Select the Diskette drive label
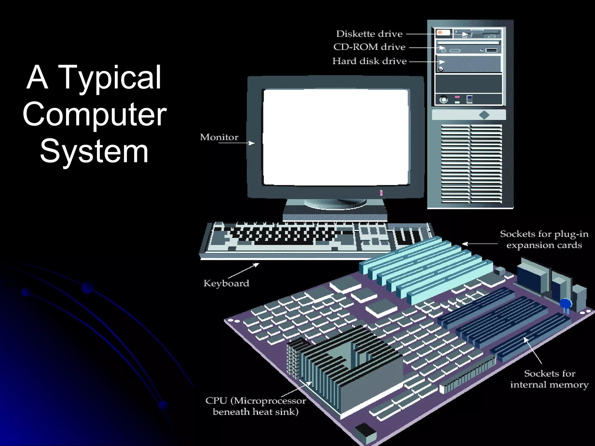pyautogui.click(x=369, y=34)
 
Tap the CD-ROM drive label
pyautogui.click(x=369, y=47)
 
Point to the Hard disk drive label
pyautogui.click(x=369, y=61)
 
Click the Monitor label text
pyautogui.click(x=219, y=137)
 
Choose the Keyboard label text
pyautogui.click(x=226, y=283)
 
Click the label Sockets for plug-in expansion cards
pyautogui.click(x=544, y=239)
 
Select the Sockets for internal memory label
pyautogui.click(x=549, y=379)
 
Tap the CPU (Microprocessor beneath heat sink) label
pyautogui.click(x=256, y=406)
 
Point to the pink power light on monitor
pyautogui.click(x=381, y=193)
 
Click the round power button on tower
pyautogui.click(x=443, y=100)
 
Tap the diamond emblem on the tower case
pyautogui.click(x=484, y=115)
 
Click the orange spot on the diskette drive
pyautogui.click(x=440, y=33)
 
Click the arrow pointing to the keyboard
pyautogui.click(x=244, y=270)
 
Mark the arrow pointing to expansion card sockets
pyautogui.click(x=479, y=244)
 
